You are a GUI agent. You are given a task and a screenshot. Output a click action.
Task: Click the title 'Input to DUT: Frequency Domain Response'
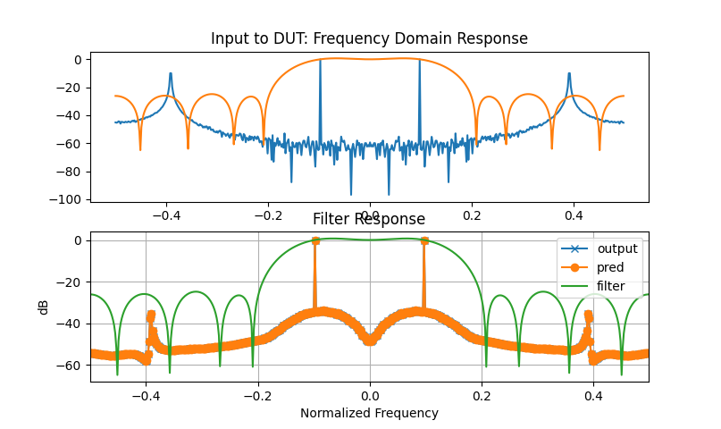tap(369, 38)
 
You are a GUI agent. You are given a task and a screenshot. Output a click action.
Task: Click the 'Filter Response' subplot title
tap(369, 219)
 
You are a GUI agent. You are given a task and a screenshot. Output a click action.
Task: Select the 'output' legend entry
tap(617, 248)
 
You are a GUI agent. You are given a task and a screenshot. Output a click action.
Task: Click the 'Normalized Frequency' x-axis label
tap(369, 413)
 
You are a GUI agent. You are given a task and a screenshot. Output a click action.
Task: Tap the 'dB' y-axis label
tap(44, 307)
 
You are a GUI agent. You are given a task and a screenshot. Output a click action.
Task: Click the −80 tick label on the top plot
tap(71, 172)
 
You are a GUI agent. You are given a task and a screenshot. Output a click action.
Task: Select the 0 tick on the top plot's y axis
tap(78, 60)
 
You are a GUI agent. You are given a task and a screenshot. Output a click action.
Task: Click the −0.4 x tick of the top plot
tap(166, 215)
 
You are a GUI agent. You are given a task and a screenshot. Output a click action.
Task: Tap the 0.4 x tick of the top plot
tap(574, 215)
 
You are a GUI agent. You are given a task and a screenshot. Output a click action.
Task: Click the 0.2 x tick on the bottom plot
tap(481, 396)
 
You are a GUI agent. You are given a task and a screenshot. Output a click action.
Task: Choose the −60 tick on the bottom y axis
tap(71, 365)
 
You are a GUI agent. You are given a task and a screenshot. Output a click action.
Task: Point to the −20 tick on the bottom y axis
tap(71, 282)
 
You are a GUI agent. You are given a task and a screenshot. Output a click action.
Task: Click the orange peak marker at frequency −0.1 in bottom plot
tap(314, 240)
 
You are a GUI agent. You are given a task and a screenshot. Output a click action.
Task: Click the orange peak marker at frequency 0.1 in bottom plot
tap(424, 240)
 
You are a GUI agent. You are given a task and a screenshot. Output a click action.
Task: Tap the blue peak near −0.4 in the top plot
tap(170, 74)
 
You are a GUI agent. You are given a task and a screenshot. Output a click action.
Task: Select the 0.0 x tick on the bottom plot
tap(369, 396)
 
